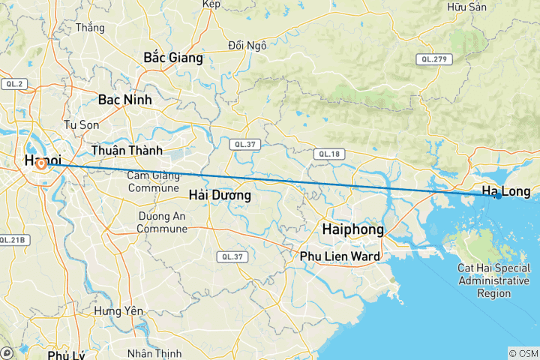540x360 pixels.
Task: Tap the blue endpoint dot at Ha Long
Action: (498, 196)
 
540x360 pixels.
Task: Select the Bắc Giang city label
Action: (172, 57)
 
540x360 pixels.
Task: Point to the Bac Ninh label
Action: (124, 99)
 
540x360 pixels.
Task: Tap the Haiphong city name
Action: (352, 229)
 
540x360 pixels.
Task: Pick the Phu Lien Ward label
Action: (339, 256)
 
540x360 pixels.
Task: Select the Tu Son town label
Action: (82, 124)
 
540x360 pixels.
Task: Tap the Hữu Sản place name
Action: (466, 7)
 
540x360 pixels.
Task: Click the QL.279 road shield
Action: (433, 58)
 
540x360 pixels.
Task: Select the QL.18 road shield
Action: (330, 154)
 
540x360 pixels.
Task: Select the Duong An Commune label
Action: (163, 223)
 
